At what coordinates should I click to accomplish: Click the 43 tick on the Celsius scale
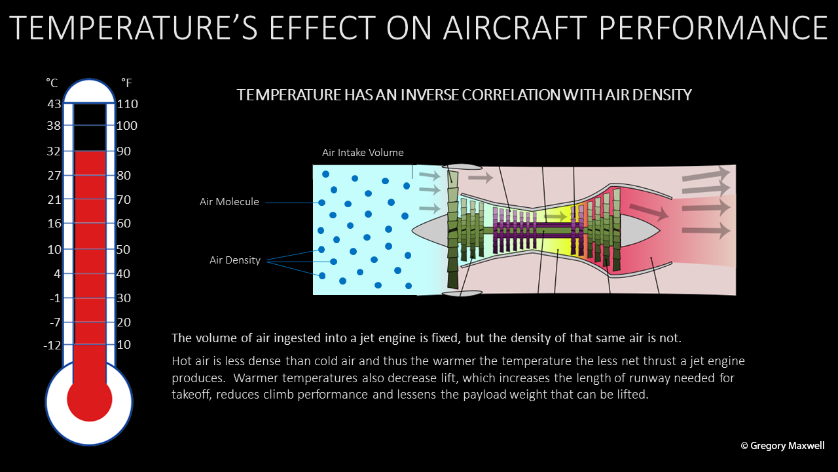[54, 104]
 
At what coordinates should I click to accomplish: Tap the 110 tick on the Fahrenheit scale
[127, 104]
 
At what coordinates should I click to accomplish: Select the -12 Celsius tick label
[52, 345]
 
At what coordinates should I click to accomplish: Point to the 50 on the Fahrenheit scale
[123, 250]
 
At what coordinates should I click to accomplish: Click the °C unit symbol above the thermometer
[52, 83]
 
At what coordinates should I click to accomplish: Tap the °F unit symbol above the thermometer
[126, 83]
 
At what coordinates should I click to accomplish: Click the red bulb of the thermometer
[90, 399]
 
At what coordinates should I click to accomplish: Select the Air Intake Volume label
[363, 153]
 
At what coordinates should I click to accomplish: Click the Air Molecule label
[229, 201]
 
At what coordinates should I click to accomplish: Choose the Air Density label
[235, 260]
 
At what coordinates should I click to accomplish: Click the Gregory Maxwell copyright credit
[782, 445]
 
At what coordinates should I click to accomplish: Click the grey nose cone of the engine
[430, 230]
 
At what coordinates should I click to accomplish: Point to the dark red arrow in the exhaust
[649, 212]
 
